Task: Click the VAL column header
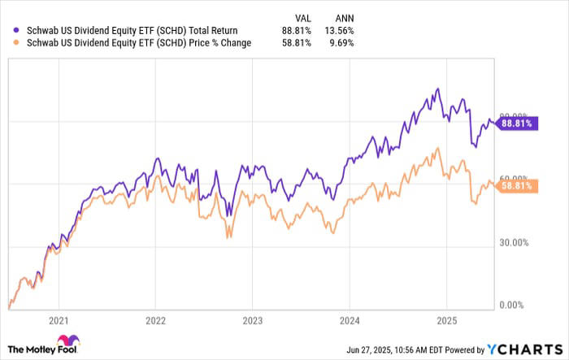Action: pyautogui.click(x=302, y=16)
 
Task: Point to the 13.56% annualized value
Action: pyautogui.click(x=338, y=30)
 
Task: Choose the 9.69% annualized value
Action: pyautogui.click(x=341, y=43)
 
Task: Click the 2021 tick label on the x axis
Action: pyautogui.click(x=59, y=319)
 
